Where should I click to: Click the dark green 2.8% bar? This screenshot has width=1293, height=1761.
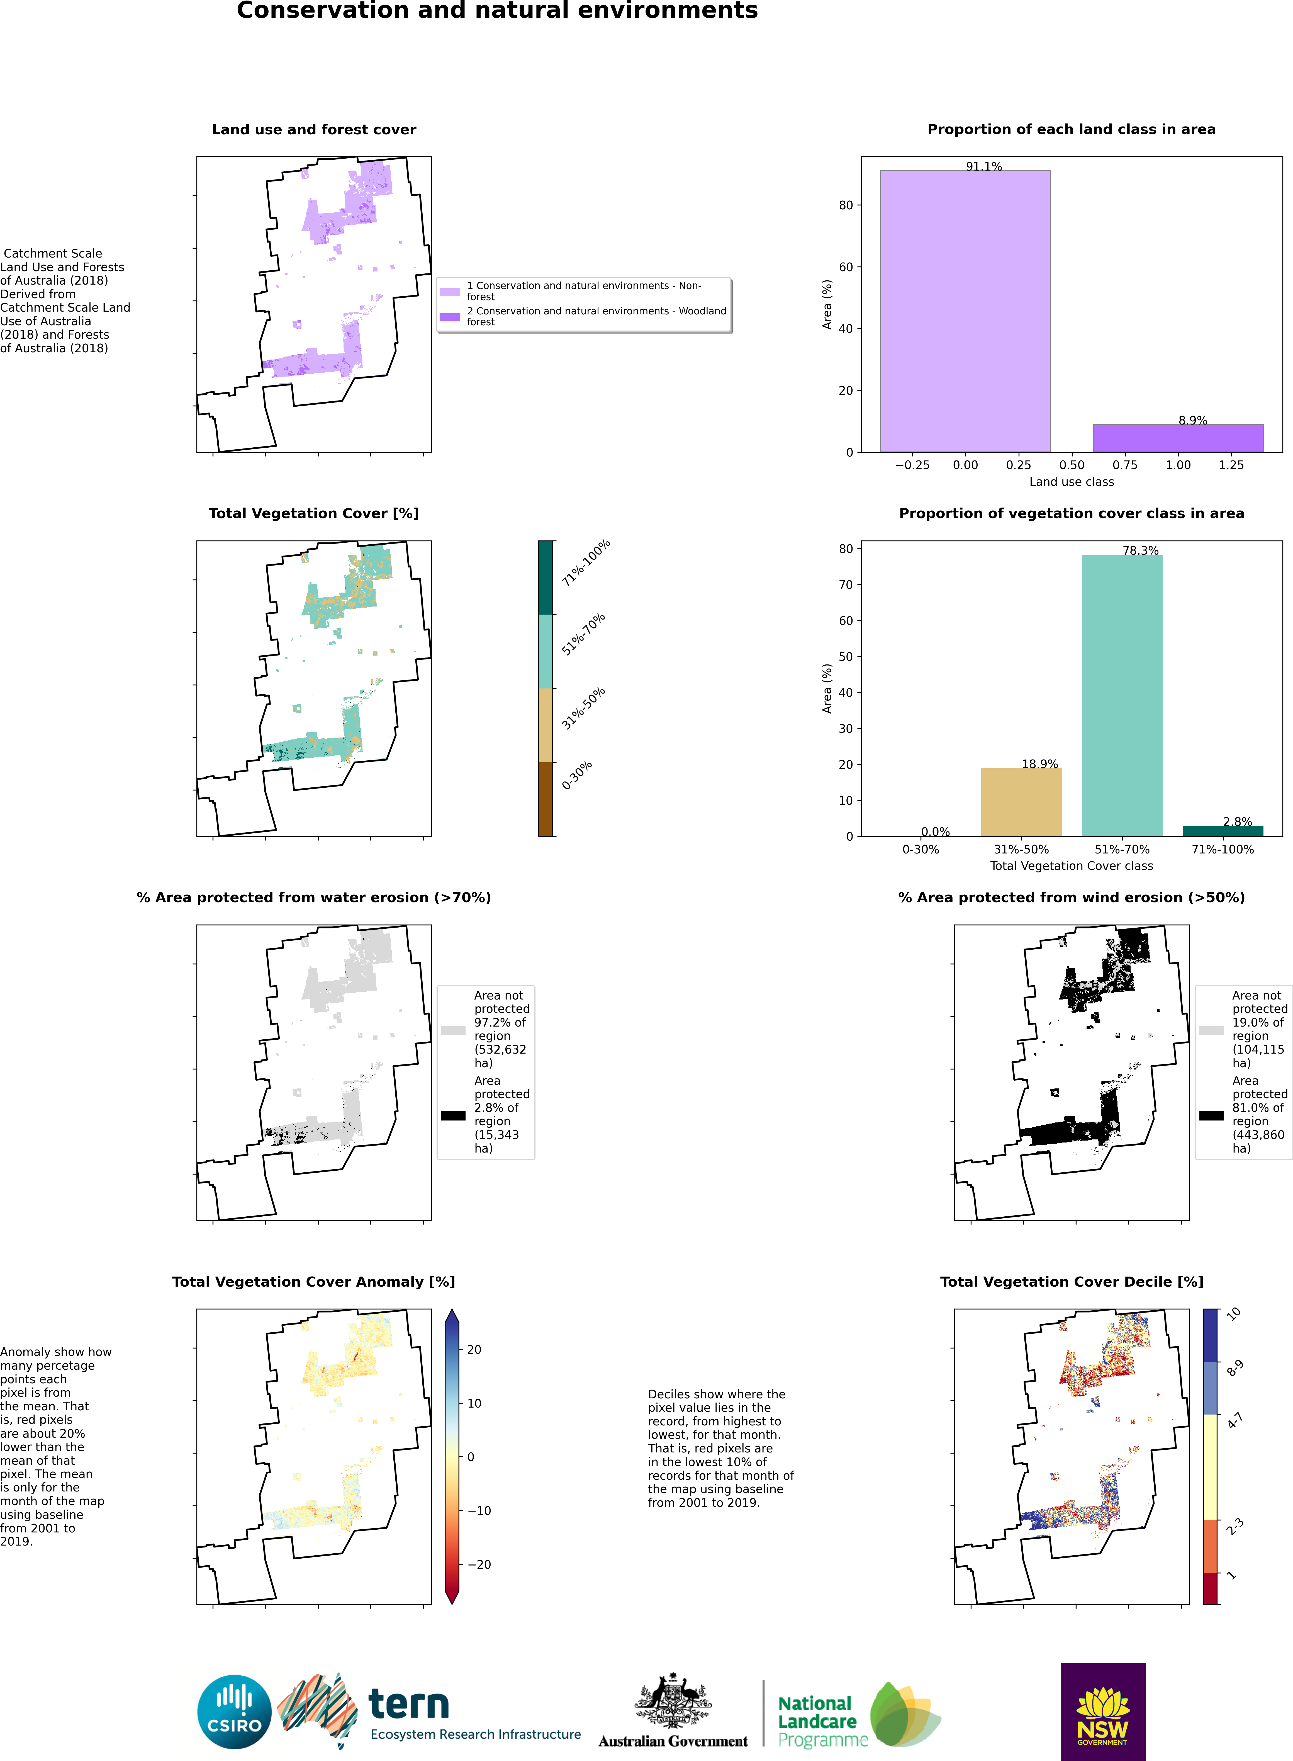click(x=1223, y=831)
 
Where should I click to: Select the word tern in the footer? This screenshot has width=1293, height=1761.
click(x=408, y=1704)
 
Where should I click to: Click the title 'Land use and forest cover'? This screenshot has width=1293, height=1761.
click(x=314, y=130)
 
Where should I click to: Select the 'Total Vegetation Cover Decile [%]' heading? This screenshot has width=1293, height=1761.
click(x=1072, y=1282)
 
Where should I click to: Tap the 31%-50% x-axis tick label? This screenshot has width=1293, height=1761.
click(x=1021, y=850)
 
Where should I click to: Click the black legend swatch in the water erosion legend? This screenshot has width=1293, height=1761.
click(x=453, y=1115)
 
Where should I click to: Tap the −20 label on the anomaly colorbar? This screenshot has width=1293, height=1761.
click(x=479, y=1564)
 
